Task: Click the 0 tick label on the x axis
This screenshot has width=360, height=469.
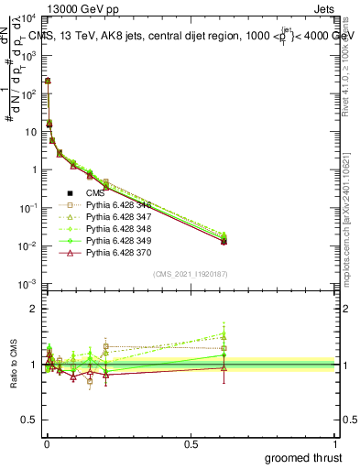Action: click(46, 443)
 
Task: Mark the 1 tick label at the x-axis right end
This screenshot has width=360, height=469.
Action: click(334, 443)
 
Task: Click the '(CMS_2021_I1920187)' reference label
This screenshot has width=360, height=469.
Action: click(190, 274)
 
